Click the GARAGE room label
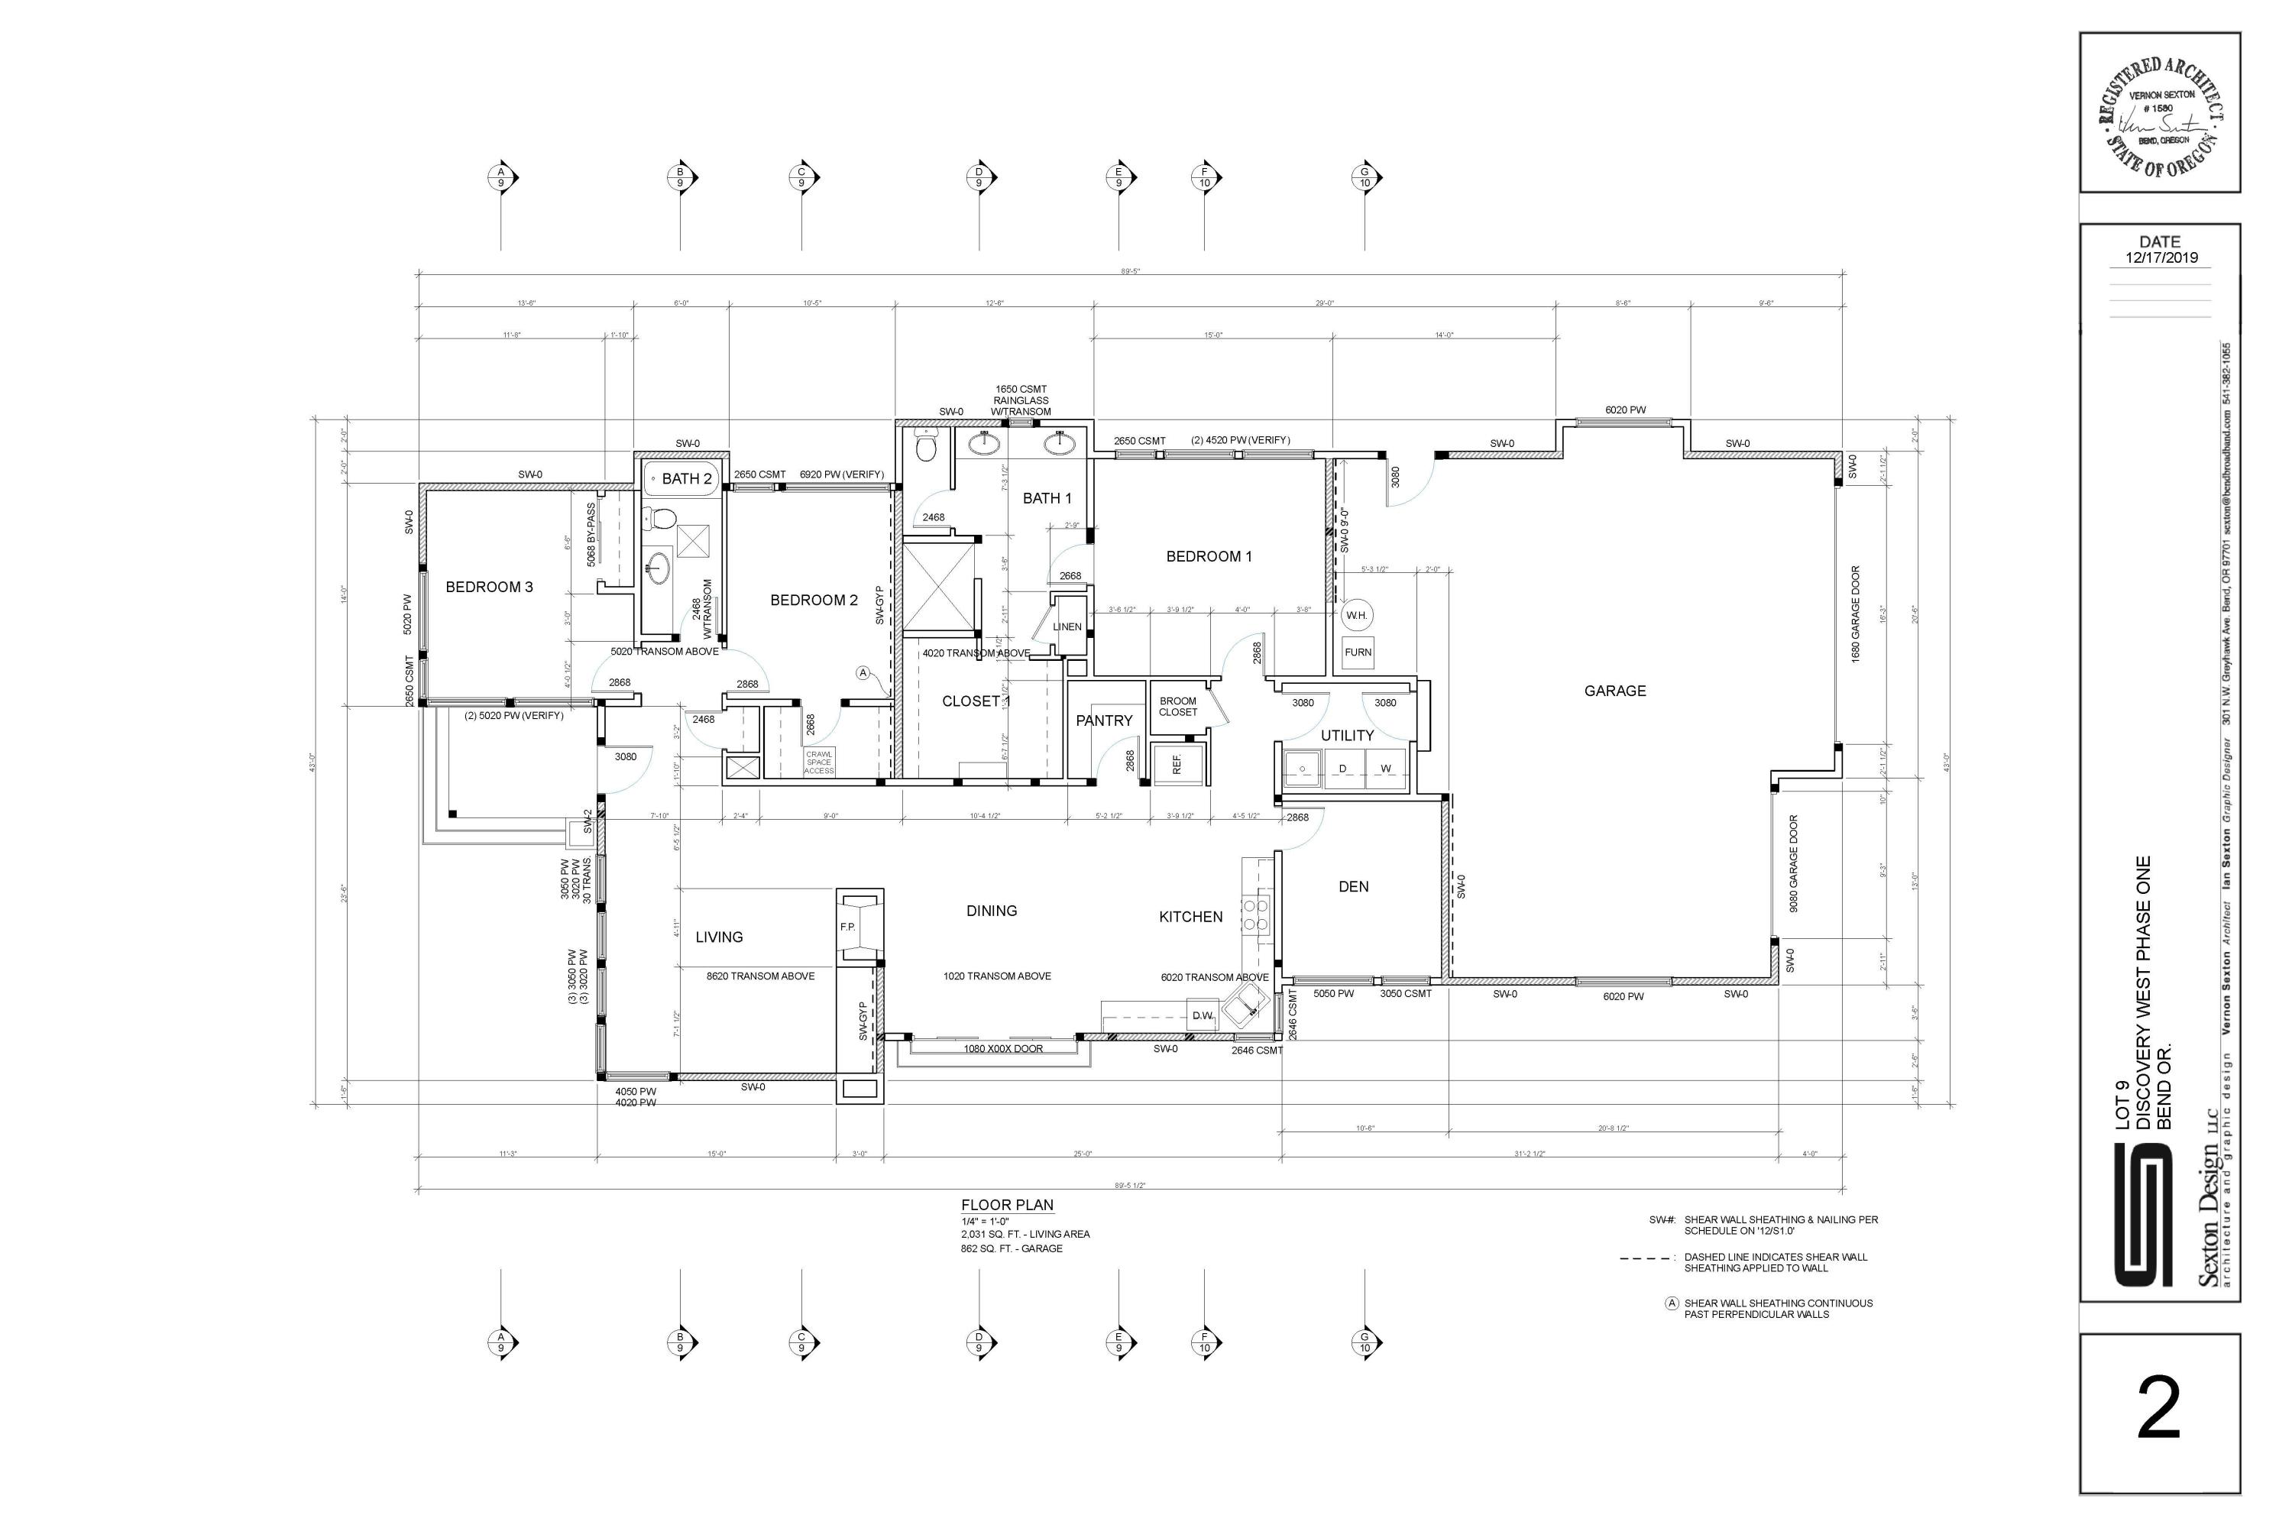[1615, 691]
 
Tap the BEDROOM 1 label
[1209, 556]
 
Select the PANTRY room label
[1104, 721]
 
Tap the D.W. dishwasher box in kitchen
[1203, 1015]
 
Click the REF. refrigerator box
[1177, 764]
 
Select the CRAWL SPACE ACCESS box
[818, 762]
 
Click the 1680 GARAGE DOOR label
[1857, 614]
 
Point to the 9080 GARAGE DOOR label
[1793, 863]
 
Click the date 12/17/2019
[2161, 258]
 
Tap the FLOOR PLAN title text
[1007, 1206]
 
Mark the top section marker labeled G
[1365, 177]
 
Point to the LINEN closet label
[1067, 627]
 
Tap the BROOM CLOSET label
[1178, 707]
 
